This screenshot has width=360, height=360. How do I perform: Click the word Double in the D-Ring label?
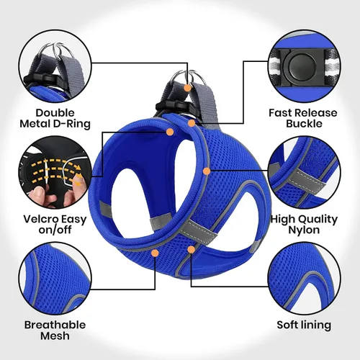pos(55,113)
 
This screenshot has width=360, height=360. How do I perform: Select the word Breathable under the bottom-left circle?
pos(55,325)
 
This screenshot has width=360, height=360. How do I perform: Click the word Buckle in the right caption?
pos(304,124)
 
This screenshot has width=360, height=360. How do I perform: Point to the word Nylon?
pos(304,230)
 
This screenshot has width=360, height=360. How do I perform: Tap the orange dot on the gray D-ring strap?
pos(187,88)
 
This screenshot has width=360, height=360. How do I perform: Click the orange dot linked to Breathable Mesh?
pos(155,253)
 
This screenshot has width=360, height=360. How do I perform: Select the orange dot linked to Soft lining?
pos(191,250)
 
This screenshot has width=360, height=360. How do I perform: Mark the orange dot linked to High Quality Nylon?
pos(207,171)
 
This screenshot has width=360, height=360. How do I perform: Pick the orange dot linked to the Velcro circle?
pos(170,132)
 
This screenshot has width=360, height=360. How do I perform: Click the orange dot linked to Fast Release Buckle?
pos(192,123)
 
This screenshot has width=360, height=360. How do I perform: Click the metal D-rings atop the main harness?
pos(189,77)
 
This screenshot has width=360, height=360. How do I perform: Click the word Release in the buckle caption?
pos(316,113)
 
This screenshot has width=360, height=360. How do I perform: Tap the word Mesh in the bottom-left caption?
pos(55,336)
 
